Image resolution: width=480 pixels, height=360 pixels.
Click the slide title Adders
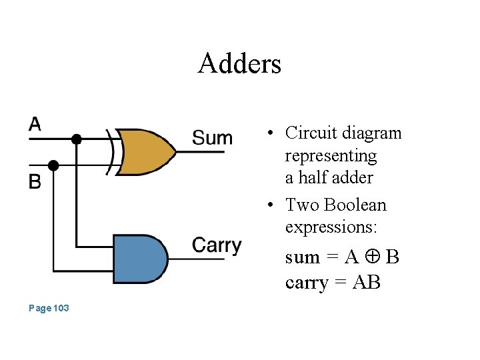tap(239, 64)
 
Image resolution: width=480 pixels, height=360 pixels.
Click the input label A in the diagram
tap(35, 123)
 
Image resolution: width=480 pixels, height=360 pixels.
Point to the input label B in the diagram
tap(35, 181)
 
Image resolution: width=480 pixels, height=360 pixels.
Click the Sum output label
tap(212, 139)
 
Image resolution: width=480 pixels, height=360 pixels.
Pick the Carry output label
tap(217, 245)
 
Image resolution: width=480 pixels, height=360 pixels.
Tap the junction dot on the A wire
tap(77, 139)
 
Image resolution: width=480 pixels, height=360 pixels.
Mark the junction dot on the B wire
tap(54, 164)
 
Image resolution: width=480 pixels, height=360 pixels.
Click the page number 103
tap(49, 308)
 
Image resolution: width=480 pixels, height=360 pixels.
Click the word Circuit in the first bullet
tap(308, 133)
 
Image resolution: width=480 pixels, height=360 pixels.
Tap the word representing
tap(331, 156)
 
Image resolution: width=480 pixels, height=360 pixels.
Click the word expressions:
tap(331, 227)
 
